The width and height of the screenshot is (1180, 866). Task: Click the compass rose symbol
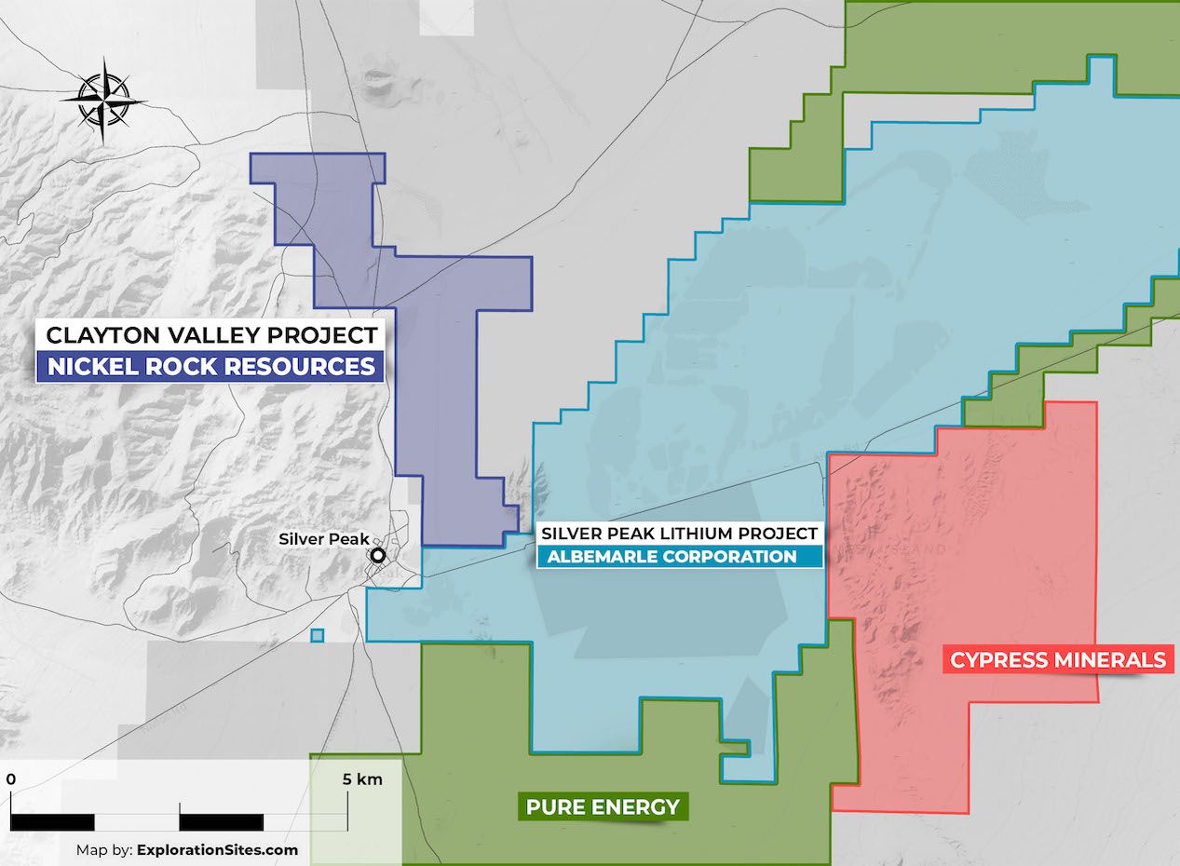pyautogui.click(x=103, y=100)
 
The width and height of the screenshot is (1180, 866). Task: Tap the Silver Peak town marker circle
pyautogui.click(x=378, y=556)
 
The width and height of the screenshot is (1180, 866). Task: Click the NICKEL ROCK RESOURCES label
pyautogui.click(x=210, y=366)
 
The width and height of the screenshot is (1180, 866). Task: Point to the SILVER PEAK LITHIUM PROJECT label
pyautogui.click(x=679, y=534)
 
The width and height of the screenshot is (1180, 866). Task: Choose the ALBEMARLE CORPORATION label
pyautogui.click(x=671, y=557)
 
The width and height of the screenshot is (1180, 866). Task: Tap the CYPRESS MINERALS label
pyautogui.click(x=1057, y=660)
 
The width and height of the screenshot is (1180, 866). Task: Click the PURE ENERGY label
pyautogui.click(x=603, y=806)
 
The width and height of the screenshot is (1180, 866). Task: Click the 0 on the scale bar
pyautogui.click(x=10, y=779)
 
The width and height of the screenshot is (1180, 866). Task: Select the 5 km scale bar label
pyautogui.click(x=362, y=779)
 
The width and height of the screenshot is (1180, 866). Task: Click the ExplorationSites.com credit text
pyautogui.click(x=218, y=849)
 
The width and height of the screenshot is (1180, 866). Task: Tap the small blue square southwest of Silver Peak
pyautogui.click(x=317, y=636)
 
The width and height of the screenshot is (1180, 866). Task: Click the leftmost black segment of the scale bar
pyautogui.click(x=52, y=822)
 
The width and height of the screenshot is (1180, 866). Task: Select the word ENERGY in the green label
pyautogui.click(x=644, y=806)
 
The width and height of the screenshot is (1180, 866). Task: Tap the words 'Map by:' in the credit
pyautogui.click(x=104, y=849)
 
